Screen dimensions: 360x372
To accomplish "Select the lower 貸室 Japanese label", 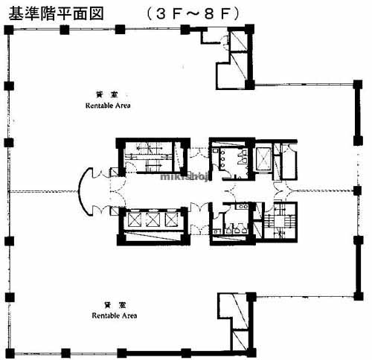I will pyautogui.click(x=112, y=305).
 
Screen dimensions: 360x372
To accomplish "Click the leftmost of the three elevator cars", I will pyautogui.click(x=135, y=219).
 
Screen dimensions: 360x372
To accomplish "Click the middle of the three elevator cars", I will pyautogui.click(x=153, y=219).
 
